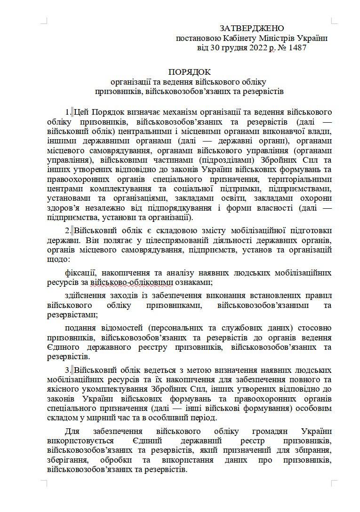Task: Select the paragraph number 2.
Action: (68, 231)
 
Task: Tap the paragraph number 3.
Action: (68, 370)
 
